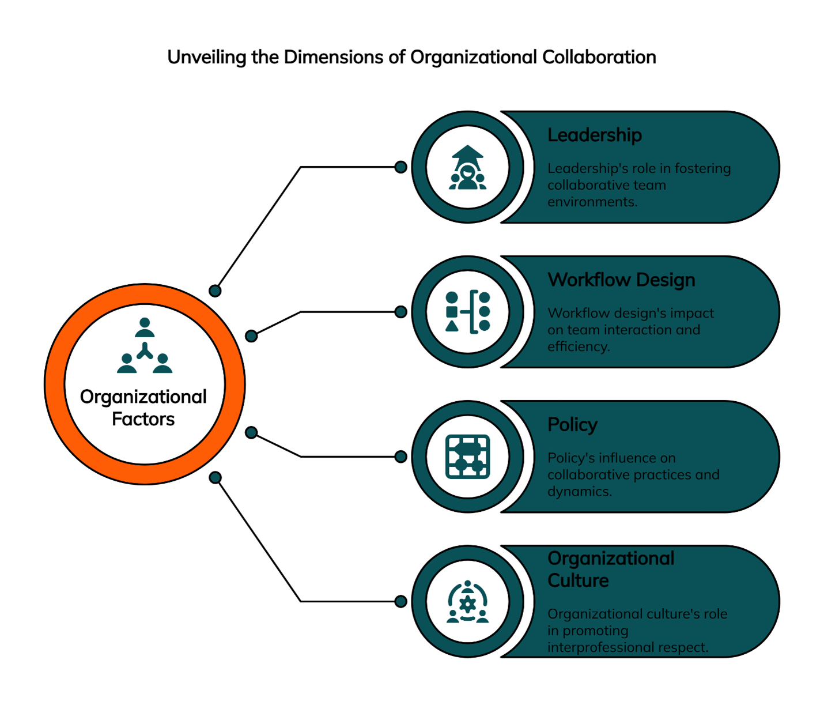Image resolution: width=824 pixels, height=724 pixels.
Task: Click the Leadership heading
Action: coord(594,135)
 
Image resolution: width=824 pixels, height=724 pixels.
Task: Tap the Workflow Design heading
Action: coord(621,280)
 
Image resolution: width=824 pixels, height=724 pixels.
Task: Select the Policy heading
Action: coord(572,424)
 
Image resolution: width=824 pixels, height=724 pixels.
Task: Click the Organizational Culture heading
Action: coord(610,569)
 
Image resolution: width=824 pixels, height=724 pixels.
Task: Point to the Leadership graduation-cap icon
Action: coord(467,168)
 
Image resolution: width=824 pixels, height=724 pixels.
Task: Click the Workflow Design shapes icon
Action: coord(467,312)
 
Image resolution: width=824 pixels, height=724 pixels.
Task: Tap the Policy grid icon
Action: coord(467,457)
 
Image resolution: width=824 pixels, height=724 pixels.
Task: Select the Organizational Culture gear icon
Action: coord(467,602)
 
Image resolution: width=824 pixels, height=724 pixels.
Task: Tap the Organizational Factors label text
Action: coord(143,408)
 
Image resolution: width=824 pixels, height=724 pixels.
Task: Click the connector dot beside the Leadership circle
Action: coord(401,167)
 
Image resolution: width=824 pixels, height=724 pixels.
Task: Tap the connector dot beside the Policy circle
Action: coord(401,457)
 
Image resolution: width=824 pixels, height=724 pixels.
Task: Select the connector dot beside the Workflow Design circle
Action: coord(401,312)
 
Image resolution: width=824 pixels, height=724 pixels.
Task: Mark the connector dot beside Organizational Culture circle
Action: coord(401,601)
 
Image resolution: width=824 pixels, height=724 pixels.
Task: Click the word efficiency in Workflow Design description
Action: coord(577,346)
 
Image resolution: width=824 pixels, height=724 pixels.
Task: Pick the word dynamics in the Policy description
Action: coord(579,491)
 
